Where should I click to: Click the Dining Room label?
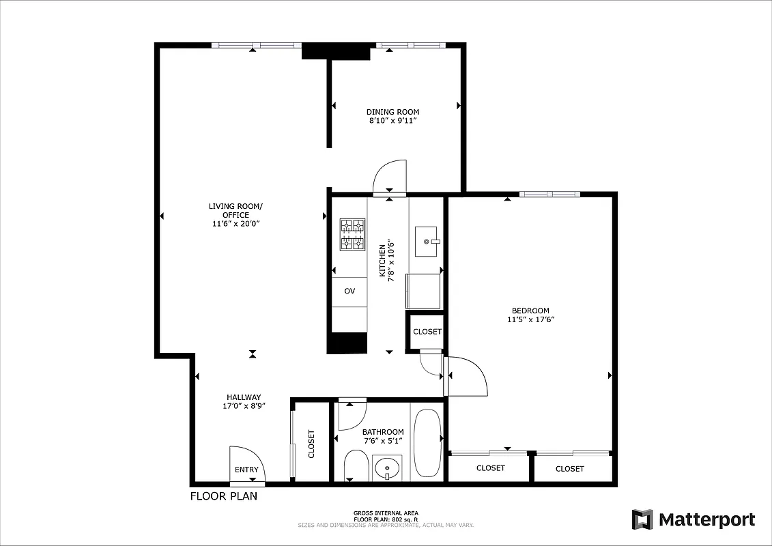tap(392, 112)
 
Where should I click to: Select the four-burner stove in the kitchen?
tap(352, 234)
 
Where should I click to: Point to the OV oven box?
tap(349, 291)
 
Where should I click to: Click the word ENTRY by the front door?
tap(246, 470)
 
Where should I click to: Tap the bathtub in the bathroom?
tap(428, 444)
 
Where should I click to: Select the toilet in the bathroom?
tap(356, 466)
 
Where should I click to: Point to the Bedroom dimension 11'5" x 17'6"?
tap(530, 319)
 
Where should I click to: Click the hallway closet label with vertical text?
tap(312, 444)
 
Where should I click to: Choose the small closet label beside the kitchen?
tap(427, 332)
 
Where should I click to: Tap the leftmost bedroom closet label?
tap(490, 468)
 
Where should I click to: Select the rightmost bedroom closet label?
tap(569, 469)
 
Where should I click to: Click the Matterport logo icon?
tap(642, 519)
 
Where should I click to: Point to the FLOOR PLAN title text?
tap(223, 496)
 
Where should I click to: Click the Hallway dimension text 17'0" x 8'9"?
tap(244, 405)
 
